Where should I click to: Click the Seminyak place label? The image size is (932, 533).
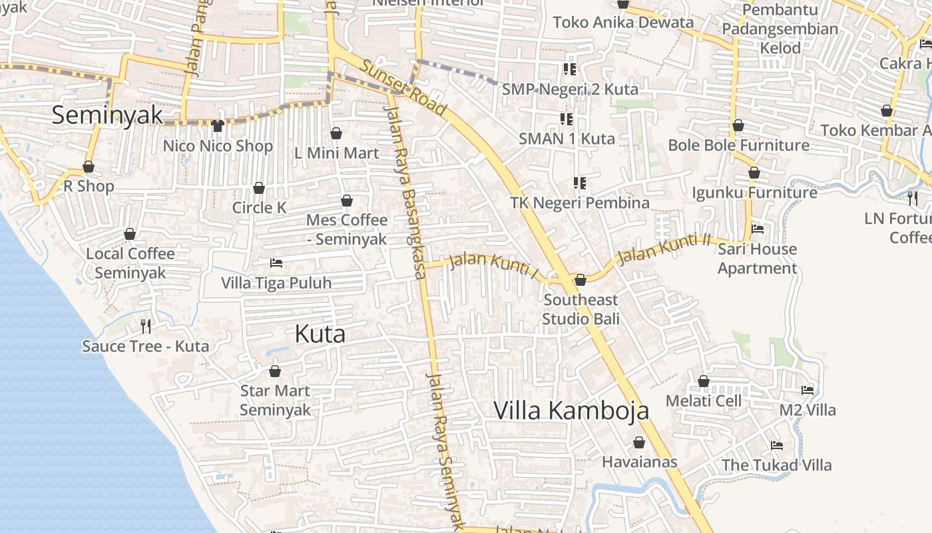click(107, 115)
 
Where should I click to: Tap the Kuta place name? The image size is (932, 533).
click(320, 334)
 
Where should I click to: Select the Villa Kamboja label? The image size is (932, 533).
click(571, 410)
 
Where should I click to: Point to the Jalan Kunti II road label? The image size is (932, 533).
click(664, 249)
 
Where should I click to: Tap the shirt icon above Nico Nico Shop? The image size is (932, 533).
click(218, 125)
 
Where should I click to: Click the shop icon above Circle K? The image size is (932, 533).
click(259, 188)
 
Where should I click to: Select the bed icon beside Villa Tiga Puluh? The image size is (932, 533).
click(276, 263)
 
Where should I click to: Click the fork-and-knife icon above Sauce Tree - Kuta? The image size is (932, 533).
click(146, 326)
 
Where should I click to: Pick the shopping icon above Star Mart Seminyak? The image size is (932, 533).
click(275, 370)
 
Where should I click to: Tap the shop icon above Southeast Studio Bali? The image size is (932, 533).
click(581, 280)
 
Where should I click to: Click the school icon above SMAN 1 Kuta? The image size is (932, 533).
click(567, 119)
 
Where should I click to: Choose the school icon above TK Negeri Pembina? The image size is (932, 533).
click(580, 183)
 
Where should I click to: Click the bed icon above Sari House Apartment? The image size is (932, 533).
click(758, 229)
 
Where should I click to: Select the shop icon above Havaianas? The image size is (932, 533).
click(639, 442)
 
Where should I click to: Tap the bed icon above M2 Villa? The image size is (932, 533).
click(808, 390)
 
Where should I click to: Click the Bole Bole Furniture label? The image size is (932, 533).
click(738, 145)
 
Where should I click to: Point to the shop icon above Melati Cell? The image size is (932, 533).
click(704, 381)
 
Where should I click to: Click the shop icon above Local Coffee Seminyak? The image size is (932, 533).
click(130, 234)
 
